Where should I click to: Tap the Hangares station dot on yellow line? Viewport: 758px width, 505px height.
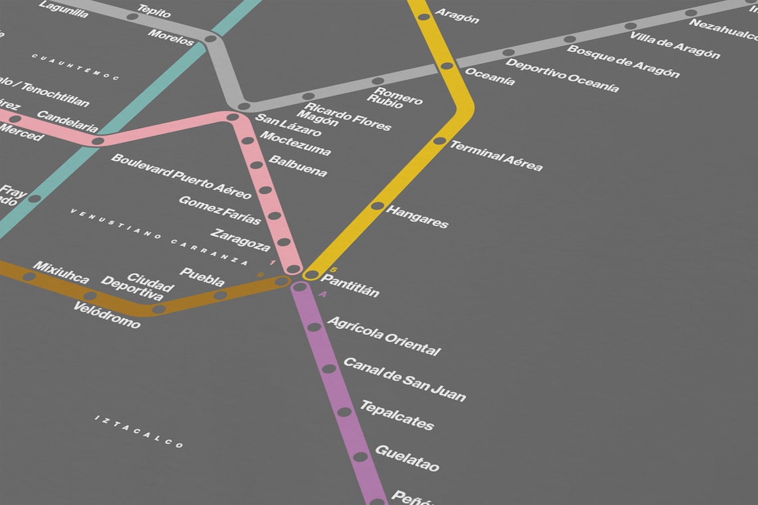pyautogui.click(x=378, y=206)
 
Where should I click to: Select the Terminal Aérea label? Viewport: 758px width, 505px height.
pyautogui.click(x=495, y=155)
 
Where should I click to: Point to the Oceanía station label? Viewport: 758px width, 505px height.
pyautogui.click(x=489, y=76)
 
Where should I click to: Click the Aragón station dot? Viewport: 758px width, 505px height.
pyautogui.click(x=424, y=17)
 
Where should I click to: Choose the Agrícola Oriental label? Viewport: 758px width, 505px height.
pyautogui.click(x=384, y=336)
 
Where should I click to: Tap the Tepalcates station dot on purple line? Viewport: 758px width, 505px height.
pyautogui.click(x=344, y=412)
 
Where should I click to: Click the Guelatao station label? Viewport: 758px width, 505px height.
pyautogui.click(x=407, y=458)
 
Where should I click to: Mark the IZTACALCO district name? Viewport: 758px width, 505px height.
pyautogui.click(x=138, y=431)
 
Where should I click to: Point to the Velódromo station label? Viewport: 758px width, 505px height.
pyautogui.click(x=106, y=316)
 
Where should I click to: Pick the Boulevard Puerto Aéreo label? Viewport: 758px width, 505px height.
pyautogui.click(x=181, y=176)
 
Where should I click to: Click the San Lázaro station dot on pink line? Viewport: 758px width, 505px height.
pyautogui.click(x=233, y=117)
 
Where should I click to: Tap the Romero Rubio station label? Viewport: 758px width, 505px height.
pyautogui.click(x=394, y=98)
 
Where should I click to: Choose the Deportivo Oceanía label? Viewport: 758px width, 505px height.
pyautogui.click(x=562, y=76)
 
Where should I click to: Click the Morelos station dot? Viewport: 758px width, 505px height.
pyautogui.click(x=210, y=39)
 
